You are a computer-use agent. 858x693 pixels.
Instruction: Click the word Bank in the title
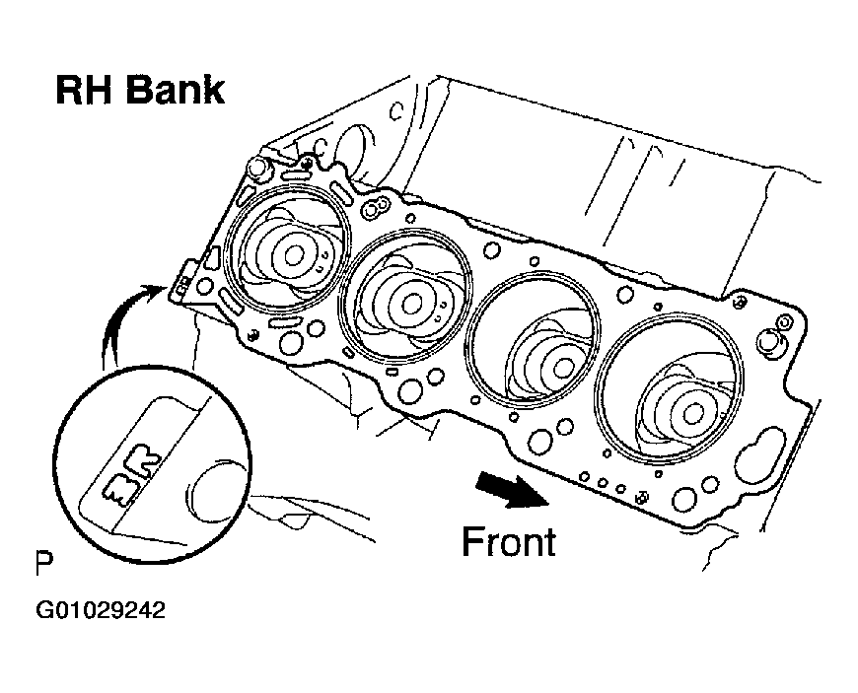tap(176, 91)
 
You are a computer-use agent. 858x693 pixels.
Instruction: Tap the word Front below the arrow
tap(509, 542)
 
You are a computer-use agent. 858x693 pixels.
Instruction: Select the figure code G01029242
tap(101, 610)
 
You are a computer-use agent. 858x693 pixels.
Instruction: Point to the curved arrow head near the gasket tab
tap(153, 291)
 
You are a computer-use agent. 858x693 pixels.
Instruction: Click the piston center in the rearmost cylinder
tap(294, 255)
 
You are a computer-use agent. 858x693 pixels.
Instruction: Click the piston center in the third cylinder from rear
tap(562, 368)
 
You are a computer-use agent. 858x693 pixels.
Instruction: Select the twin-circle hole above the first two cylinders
tap(375, 208)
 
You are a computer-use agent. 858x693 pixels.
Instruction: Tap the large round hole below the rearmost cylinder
tap(290, 342)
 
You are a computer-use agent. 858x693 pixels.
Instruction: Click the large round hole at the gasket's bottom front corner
tap(684, 500)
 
